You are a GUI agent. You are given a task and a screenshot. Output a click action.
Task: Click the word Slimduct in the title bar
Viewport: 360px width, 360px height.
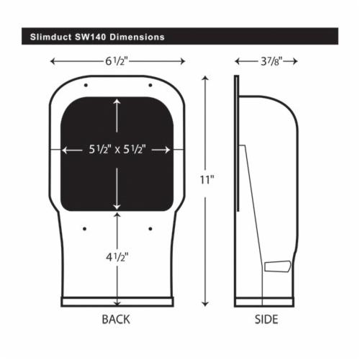(50, 37)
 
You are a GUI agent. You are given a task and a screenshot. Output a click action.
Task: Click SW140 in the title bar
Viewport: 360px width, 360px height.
(91, 37)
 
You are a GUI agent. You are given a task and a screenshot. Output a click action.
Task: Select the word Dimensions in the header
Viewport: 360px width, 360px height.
(137, 37)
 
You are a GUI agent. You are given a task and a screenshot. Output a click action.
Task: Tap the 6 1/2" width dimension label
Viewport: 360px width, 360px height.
(116, 61)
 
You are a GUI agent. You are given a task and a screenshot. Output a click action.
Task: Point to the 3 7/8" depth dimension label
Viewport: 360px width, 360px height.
(271, 61)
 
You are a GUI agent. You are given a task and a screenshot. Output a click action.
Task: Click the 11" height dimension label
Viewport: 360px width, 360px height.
(207, 179)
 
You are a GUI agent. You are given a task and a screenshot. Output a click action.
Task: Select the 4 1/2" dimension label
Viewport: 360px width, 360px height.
(117, 258)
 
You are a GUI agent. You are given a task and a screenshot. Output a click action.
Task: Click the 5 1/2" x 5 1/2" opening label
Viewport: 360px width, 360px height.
(117, 150)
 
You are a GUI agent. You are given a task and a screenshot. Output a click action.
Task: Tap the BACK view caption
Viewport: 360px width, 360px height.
(116, 320)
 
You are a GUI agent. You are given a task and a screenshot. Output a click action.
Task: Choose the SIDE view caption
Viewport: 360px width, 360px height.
(266, 320)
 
